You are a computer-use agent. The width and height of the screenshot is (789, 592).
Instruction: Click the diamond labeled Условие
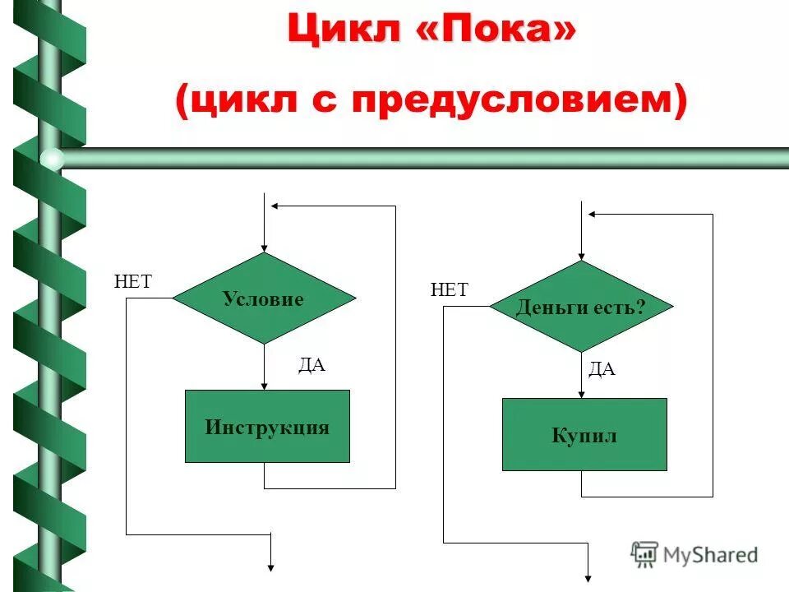264,298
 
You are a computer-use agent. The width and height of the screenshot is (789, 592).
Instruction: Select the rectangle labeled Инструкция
267,426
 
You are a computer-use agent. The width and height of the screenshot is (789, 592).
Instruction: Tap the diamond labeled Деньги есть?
581,307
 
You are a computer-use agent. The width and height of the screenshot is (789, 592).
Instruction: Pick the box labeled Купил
584,434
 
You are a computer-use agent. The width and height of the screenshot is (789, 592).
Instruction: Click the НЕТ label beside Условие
133,281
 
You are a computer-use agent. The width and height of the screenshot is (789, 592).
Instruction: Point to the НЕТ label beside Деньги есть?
450,289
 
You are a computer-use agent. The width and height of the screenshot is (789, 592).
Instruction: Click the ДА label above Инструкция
311,365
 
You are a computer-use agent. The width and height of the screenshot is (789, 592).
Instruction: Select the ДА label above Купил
602,370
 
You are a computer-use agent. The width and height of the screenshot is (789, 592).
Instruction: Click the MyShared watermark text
709,555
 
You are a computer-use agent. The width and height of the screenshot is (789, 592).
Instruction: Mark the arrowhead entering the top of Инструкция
264,384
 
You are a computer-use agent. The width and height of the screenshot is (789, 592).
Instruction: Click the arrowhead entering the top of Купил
581,392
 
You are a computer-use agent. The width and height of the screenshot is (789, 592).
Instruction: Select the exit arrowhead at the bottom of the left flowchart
270,566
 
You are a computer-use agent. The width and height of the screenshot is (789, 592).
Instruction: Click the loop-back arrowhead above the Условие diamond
278,206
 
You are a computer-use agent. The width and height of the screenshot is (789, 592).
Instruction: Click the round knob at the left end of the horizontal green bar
52,158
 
